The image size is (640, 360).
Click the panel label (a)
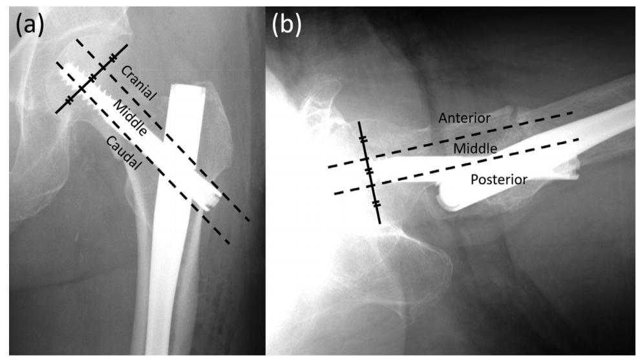point(30,25)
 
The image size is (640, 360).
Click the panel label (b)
point(286,25)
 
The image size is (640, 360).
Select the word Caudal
point(124,153)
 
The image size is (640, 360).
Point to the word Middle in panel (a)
point(130,118)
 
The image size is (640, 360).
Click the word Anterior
point(464,118)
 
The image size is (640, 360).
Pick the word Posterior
point(499,180)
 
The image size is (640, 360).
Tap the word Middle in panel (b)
point(475,148)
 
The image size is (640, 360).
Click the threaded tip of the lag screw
point(71,76)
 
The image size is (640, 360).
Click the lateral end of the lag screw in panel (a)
point(211,198)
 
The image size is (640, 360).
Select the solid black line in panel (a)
point(91,79)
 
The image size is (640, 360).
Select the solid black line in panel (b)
point(369,173)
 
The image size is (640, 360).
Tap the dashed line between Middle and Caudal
point(143,153)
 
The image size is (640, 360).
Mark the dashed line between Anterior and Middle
point(451,140)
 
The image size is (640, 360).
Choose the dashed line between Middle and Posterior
point(456,167)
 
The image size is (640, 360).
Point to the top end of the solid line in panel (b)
point(359,122)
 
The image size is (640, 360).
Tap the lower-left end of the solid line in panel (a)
point(56,112)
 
